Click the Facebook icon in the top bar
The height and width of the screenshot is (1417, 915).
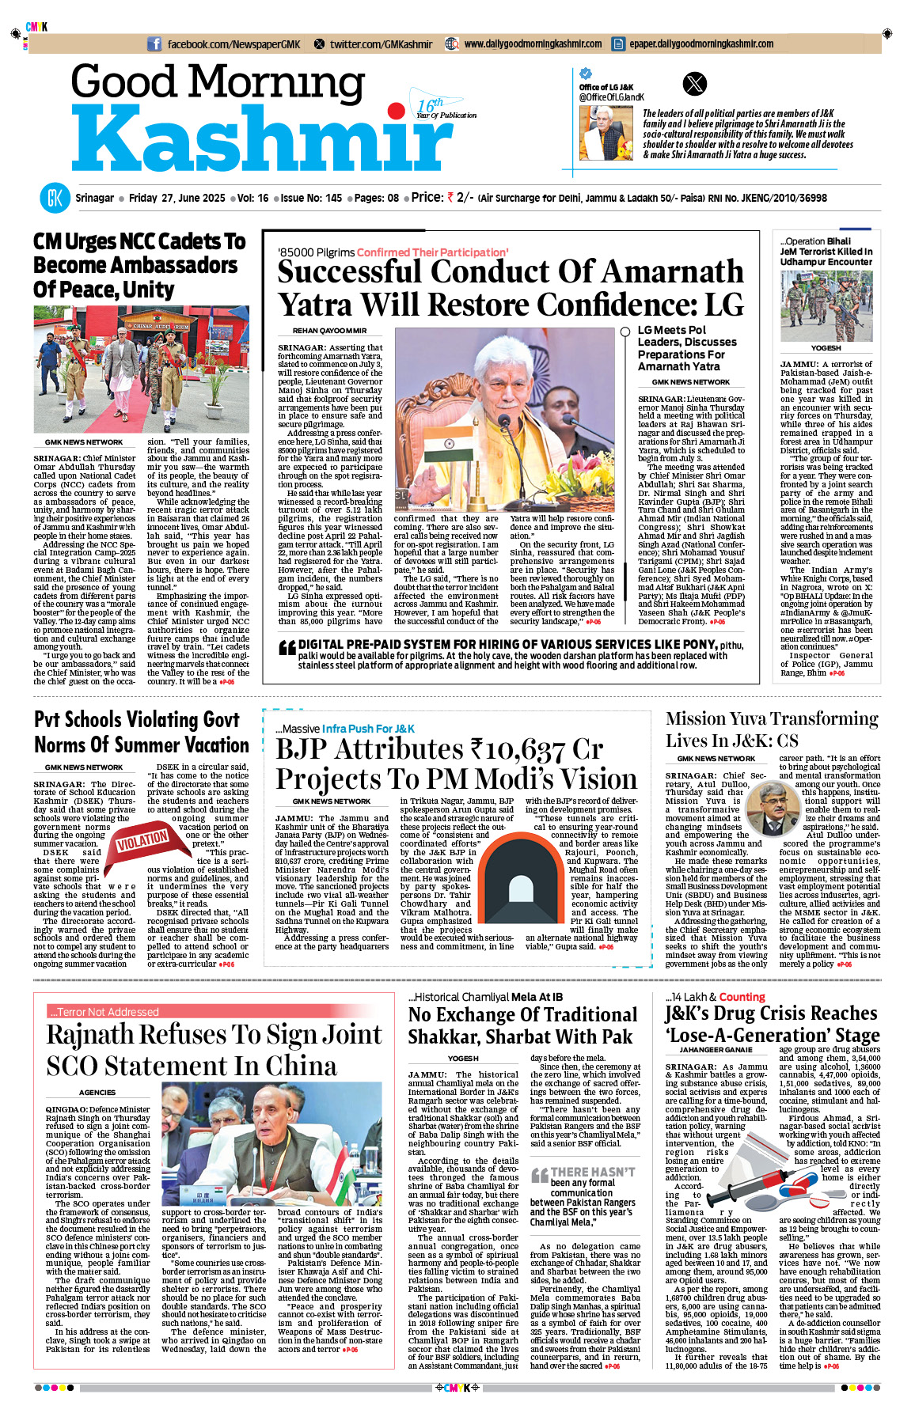(x=154, y=44)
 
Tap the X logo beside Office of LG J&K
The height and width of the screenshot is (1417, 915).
(x=694, y=84)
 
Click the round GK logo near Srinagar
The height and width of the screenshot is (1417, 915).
(x=55, y=198)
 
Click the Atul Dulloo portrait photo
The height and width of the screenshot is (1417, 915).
(x=772, y=808)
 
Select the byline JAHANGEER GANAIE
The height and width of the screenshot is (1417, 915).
(x=716, y=1050)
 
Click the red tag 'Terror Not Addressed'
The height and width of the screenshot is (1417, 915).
(x=104, y=1012)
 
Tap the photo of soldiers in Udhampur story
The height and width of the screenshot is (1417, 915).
(x=826, y=306)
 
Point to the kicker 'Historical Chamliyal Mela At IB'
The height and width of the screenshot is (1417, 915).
(x=485, y=997)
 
